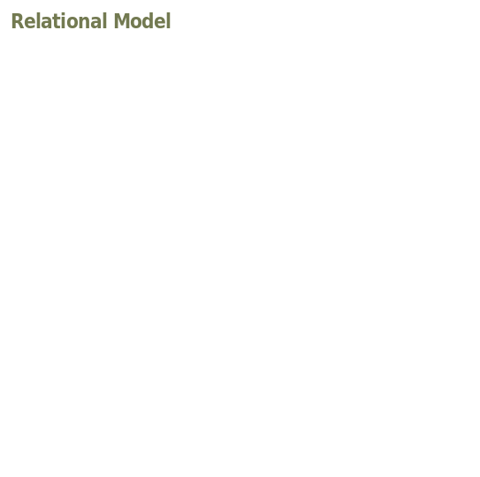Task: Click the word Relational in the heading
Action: pyautogui.click(x=59, y=21)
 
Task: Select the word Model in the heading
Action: pyautogui.click(x=142, y=21)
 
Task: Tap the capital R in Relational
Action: pyautogui.click(x=18, y=21)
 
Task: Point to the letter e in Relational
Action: pyautogui.click(x=31, y=23)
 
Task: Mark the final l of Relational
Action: pyautogui.click(x=105, y=21)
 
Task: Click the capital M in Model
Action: pyautogui.click(x=121, y=21)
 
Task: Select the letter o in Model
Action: pyautogui.click(x=136, y=23)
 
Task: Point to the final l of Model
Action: pyautogui.click(x=169, y=21)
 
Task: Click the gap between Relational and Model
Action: pyautogui.click(x=110, y=21)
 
